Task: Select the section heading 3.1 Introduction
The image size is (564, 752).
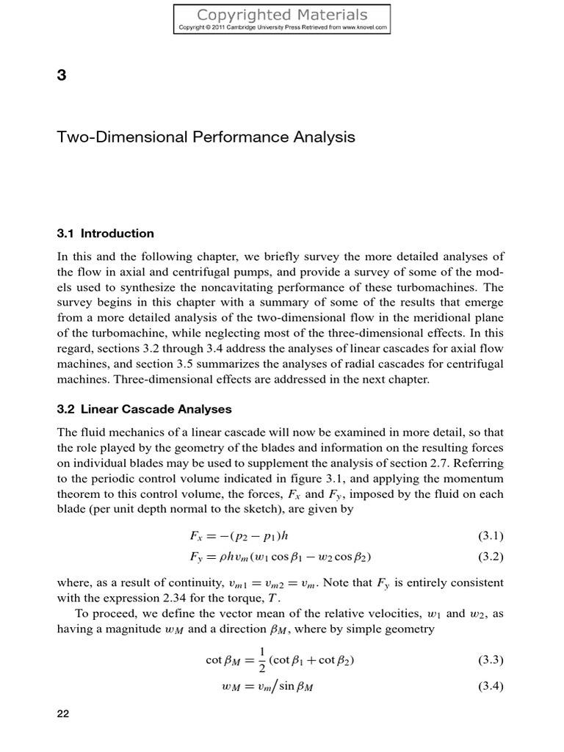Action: click(105, 234)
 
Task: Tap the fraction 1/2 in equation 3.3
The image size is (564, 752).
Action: click(262, 660)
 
